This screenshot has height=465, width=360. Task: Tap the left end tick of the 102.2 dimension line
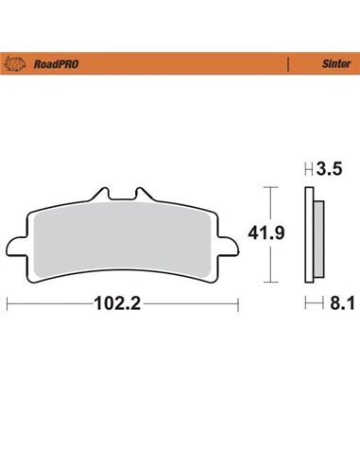coord(8,304)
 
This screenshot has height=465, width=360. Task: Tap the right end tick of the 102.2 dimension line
coord(237,304)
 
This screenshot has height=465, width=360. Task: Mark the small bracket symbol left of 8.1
coord(309,304)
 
